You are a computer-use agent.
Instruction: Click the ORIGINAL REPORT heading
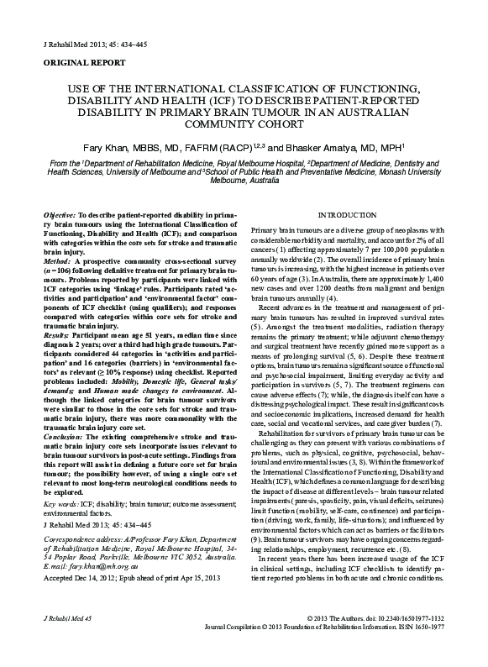pyautogui.click(x=77, y=62)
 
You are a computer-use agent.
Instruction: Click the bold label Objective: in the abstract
pyautogui.click(x=63, y=216)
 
